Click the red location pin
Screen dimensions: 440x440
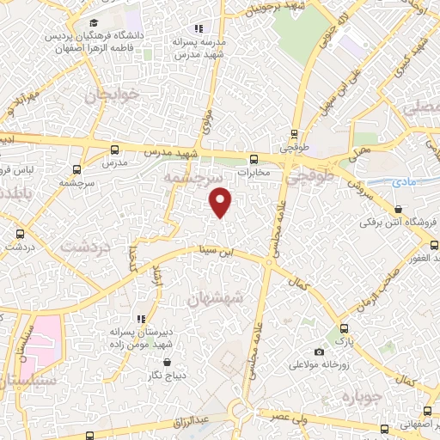[x=221, y=201]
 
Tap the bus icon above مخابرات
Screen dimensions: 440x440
[x=254, y=159]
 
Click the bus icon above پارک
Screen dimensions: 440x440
[x=344, y=328]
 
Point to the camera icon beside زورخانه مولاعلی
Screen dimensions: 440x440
[x=320, y=351]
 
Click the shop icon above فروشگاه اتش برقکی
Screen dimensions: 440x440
[x=398, y=209]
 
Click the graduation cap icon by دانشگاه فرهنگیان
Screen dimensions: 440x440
[x=94, y=23]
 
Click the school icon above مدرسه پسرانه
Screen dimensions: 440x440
[x=199, y=29]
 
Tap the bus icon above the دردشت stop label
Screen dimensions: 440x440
[x=20, y=233]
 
